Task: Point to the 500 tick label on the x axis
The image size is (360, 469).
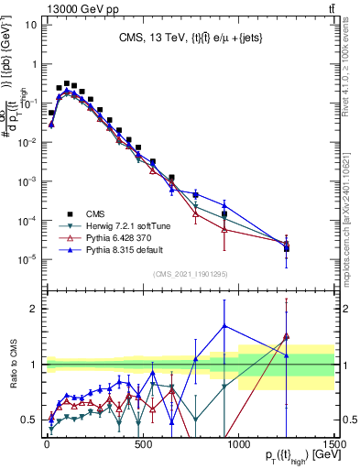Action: click(x=143, y=442)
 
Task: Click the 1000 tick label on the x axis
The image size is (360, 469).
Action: click(x=238, y=442)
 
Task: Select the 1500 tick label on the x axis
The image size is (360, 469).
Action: click(x=333, y=442)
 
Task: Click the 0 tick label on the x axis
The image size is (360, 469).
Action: click(x=47, y=442)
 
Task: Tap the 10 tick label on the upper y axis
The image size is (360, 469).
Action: click(x=29, y=25)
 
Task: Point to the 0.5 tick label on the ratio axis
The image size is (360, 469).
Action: click(x=28, y=420)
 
